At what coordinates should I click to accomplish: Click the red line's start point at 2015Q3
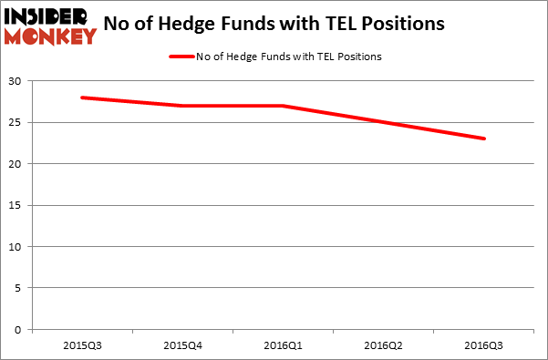82,98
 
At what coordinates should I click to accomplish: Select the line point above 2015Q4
182,106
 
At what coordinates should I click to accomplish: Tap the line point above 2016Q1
283,106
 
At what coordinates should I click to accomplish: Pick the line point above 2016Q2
383,122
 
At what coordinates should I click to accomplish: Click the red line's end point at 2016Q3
483,139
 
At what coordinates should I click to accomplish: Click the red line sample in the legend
181,57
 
